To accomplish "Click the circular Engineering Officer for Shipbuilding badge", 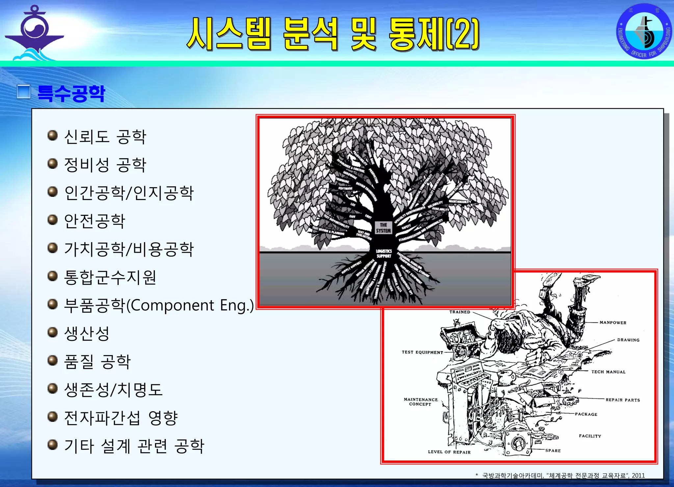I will point(644,31).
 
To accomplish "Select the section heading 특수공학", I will point(71,93).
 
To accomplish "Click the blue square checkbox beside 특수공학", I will point(23,92).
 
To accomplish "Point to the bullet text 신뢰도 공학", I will point(105,137).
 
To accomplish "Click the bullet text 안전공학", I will point(94,221).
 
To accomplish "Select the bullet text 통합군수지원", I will point(110,277).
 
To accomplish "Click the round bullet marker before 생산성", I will point(52,332).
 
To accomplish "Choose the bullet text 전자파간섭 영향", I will point(121,418).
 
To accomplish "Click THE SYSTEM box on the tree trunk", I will point(383,228).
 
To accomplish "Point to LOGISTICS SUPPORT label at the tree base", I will point(384,253).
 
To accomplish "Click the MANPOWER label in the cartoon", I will point(613,322).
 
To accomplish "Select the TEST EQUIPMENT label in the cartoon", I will point(422,352).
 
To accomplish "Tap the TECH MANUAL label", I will point(608,372).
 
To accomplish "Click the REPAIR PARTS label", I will point(623,400).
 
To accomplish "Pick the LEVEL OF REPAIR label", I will point(449,452).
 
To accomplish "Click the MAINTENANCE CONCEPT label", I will point(421,402).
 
